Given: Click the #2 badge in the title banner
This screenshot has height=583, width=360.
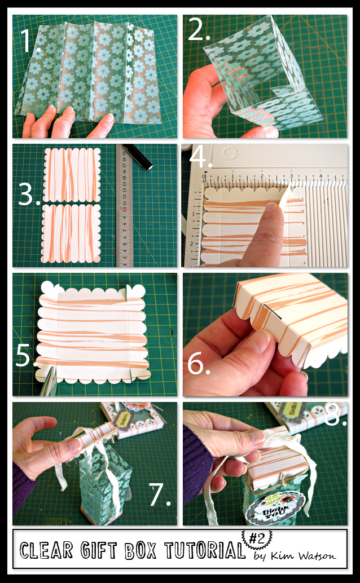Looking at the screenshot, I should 257,538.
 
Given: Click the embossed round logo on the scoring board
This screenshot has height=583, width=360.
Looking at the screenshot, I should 229,152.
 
